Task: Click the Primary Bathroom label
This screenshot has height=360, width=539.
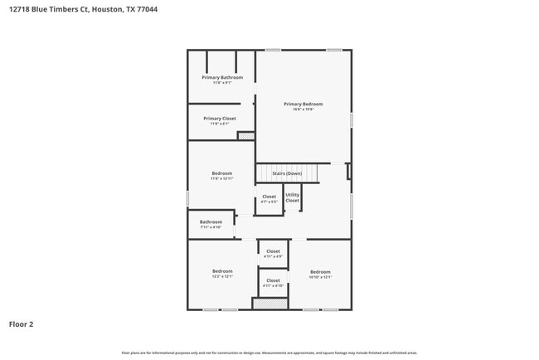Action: tap(221, 77)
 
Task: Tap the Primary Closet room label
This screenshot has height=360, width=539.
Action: tap(220, 119)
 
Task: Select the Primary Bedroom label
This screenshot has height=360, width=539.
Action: tap(303, 104)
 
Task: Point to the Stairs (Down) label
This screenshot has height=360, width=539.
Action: tap(286, 174)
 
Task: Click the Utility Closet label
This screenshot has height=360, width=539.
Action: tap(293, 197)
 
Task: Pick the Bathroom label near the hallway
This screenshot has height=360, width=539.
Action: tap(211, 221)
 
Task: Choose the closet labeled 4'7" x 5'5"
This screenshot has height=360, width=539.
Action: tap(269, 199)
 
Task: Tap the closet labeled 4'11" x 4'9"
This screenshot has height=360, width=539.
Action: tap(273, 254)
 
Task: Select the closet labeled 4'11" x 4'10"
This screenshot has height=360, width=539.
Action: tap(273, 283)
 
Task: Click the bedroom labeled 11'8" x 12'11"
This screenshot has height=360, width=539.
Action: tap(221, 176)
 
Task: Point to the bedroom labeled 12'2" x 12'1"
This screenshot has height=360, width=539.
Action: tap(222, 274)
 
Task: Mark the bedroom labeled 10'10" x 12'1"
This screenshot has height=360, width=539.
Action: tap(320, 275)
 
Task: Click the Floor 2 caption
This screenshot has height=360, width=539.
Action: tap(21, 324)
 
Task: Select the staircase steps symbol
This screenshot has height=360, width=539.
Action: tap(286, 173)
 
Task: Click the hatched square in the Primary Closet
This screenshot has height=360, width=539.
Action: tap(245, 135)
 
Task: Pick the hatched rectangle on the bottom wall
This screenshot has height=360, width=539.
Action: tap(269, 304)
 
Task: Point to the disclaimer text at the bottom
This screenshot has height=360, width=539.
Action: tap(269, 353)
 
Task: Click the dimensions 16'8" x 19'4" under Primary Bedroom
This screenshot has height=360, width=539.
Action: tap(303, 109)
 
